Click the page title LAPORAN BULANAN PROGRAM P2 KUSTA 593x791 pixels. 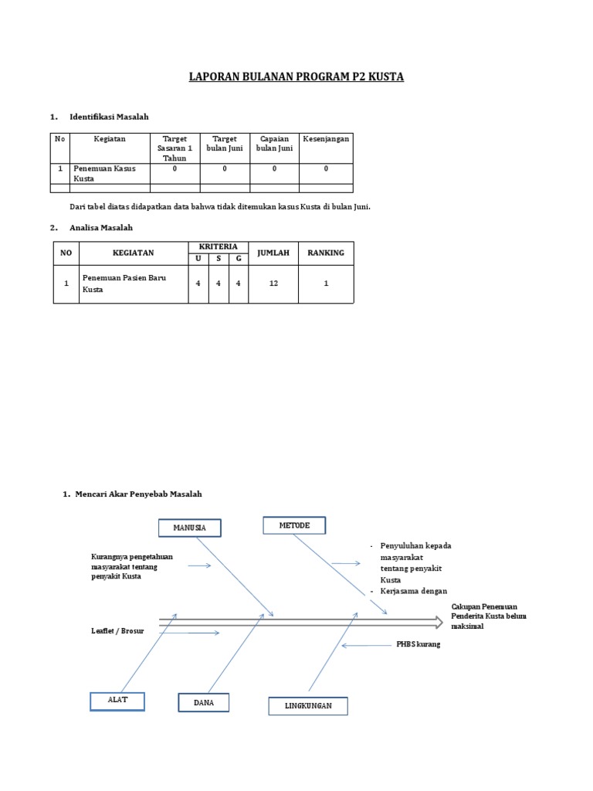coord(296,77)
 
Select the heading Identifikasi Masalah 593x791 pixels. coord(109,117)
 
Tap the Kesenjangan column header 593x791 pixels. coord(326,139)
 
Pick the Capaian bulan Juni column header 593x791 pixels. coord(274,144)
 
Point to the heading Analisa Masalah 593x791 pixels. coord(101,228)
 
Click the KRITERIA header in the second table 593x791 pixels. coord(219,246)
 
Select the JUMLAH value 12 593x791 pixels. coord(273,283)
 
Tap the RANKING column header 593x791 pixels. coord(326,253)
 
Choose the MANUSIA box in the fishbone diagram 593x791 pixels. coord(189,528)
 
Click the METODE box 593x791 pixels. coord(294,525)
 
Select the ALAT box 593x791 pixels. coord(117,701)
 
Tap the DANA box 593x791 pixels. coord(204,702)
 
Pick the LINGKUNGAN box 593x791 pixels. coord(308,706)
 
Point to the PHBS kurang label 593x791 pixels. coord(418,644)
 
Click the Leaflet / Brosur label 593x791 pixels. coord(117,632)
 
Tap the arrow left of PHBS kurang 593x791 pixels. coord(366,645)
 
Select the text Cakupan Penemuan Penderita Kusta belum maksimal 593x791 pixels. coord(484,616)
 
